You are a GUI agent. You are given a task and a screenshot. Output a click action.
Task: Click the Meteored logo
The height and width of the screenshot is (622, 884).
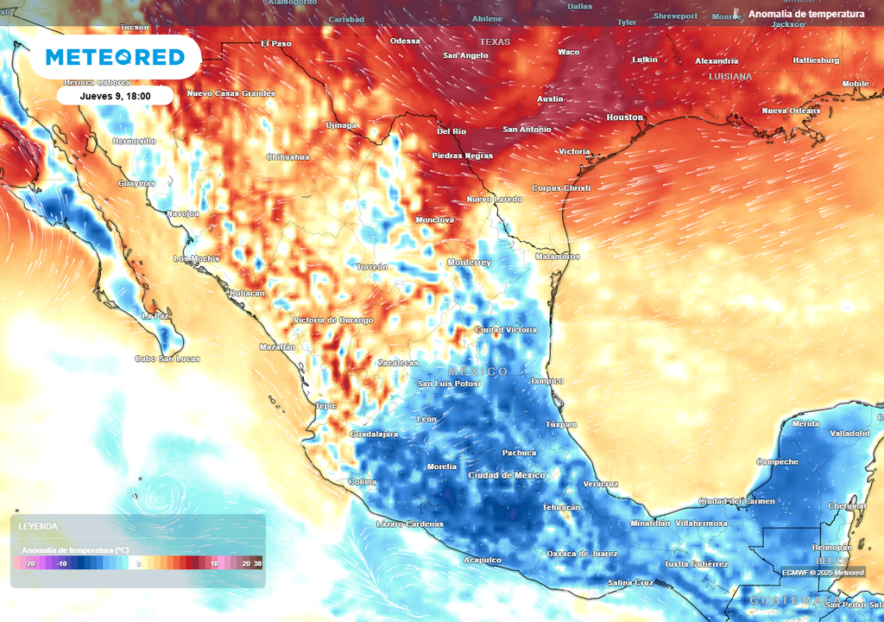[x=115, y=57]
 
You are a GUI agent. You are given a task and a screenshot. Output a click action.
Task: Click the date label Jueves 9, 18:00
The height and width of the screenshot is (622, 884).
[x=115, y=96]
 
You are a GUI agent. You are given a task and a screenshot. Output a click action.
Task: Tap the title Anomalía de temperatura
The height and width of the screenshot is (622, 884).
[x=806, y=15]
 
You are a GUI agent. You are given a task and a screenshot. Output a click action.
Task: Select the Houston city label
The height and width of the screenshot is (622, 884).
[x=625, y=117]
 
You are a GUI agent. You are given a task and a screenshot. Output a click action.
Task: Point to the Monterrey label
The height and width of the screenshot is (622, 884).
[x=470, y=263]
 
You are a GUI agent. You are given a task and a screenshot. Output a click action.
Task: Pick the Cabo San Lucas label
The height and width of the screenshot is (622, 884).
[x=167, y=359]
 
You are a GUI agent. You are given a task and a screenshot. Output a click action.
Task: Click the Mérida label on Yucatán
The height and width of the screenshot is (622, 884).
[x=805, y=424]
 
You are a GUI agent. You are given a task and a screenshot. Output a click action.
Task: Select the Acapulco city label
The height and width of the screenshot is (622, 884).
[x=483, y=560]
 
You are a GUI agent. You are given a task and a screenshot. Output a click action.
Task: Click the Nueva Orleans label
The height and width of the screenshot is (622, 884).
[x=791, y=111]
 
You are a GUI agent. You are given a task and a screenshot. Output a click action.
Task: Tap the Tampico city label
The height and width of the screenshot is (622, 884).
[x=546, y=381]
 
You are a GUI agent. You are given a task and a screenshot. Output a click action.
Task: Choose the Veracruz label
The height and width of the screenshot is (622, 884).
[x=601, y=484]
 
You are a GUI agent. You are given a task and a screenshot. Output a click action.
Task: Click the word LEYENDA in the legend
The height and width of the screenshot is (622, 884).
[x=38, y=526]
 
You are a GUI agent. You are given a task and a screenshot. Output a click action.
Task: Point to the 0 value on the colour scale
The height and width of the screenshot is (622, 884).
[x=138, y=563]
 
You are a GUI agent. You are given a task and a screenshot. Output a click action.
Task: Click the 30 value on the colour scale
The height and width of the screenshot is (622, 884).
[x=257, y=563]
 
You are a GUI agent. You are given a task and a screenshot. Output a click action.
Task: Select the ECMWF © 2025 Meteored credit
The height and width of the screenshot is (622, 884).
[x=823, y=572]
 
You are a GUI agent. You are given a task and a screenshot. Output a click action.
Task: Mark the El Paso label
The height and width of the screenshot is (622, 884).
[x=276, y=43]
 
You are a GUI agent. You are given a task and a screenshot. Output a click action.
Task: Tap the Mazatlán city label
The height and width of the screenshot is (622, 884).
[x=277, y=347]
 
